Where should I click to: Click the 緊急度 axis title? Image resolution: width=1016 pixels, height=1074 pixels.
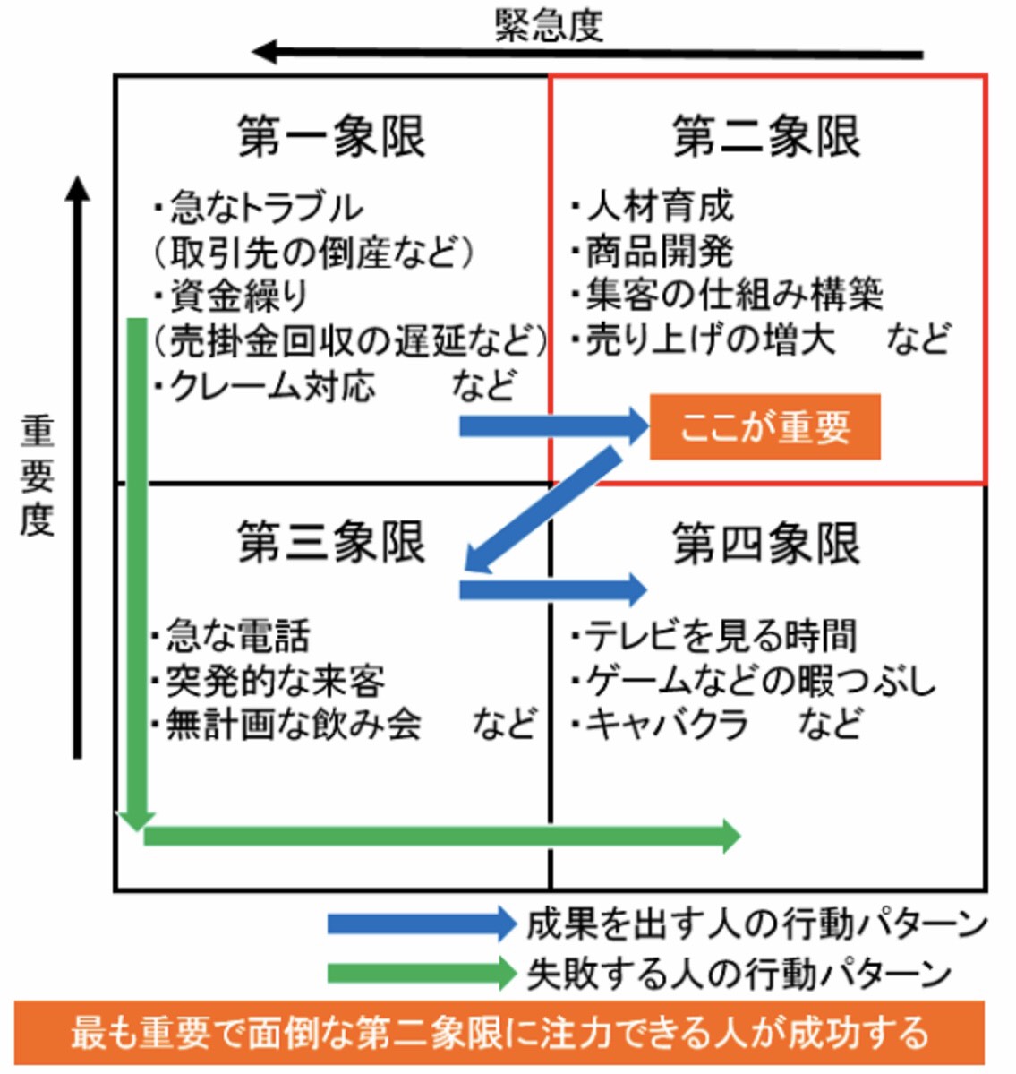tap(549, 25)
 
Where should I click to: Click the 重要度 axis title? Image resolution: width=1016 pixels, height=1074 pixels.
tap(38, 476)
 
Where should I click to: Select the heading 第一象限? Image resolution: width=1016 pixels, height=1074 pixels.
tap(331, 137)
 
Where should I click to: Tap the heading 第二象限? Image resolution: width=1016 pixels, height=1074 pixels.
tap(766, 137)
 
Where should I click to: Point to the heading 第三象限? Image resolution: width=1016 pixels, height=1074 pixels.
tap(331, 542)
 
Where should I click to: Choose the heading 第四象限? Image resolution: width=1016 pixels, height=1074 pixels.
tap(766, 543)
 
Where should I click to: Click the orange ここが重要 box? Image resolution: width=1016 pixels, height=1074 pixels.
tap(765, 427)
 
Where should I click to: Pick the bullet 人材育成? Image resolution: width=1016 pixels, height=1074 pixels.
tap(660, 207)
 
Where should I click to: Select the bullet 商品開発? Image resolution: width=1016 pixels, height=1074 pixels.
tap(660, 252)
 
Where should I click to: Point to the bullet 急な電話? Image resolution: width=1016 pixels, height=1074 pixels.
tap(237, 636)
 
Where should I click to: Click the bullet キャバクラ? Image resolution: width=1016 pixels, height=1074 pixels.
tap(667, 724)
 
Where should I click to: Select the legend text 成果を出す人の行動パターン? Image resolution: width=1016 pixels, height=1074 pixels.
tap(756, 924)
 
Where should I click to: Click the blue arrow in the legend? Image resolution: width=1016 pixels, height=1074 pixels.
tap(421, 924)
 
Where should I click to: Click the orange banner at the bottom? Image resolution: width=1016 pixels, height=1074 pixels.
tap(499, 1033)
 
